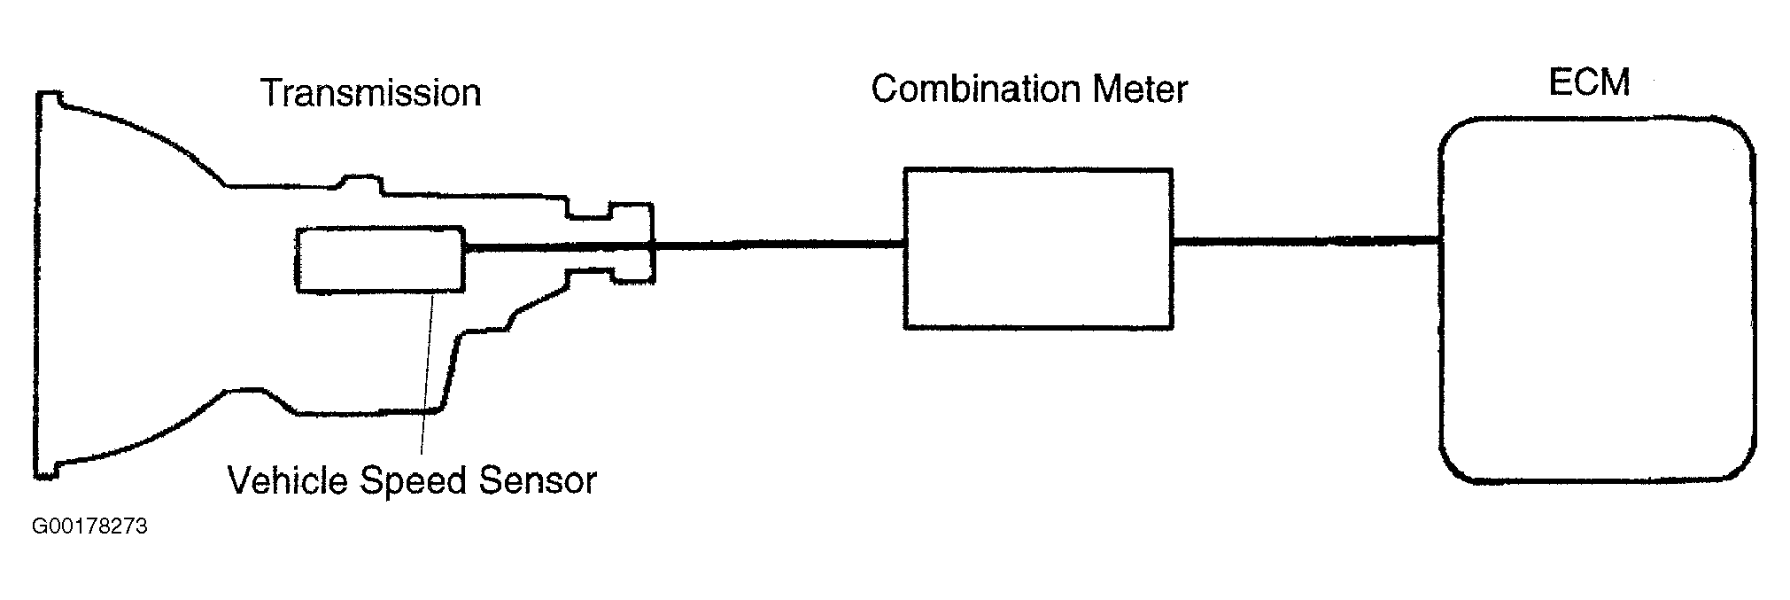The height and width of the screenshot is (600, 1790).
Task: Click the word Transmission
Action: [x=370, y=93]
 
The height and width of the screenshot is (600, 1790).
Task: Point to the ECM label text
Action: [x=1589, y=82]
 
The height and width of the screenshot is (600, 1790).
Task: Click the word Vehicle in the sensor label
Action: [x=289, y=480]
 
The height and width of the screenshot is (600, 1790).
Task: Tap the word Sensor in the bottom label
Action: [x=537, y=480]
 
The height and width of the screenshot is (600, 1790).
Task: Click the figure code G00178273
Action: [x=89, y=527]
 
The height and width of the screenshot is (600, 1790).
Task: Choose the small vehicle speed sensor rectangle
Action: [x=381, y=259]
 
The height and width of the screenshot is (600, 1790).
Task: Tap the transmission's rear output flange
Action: [x=632, y=244]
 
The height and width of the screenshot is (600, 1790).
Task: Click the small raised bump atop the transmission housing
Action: [x=360, y=183]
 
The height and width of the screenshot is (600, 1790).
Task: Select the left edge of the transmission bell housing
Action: [x=37, y=284]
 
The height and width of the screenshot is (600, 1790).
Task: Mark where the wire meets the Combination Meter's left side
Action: [x=904, y=244]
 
